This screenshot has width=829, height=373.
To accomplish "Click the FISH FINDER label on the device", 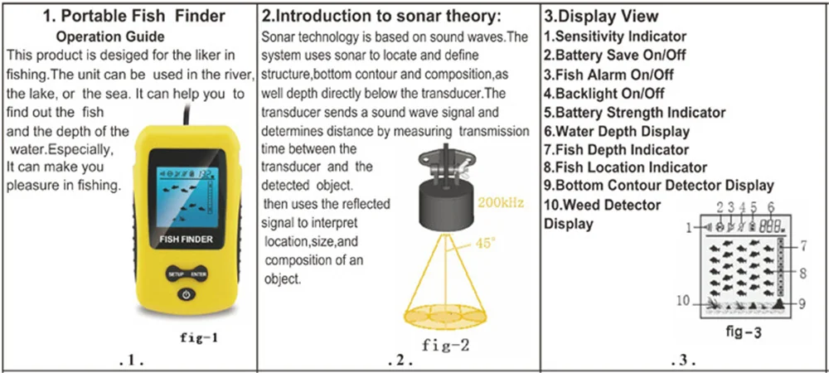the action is pyautogui.click(x=186, y=240).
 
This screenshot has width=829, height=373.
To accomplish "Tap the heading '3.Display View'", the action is pyautogui.click(x=600, y=16).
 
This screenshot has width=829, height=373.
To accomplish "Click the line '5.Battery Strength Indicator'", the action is pyautogui.click(x=634, y=112).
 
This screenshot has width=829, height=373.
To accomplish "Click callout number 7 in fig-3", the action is pyautogui.click(x=804, y=245).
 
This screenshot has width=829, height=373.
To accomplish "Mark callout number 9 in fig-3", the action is pyautogui.click(x=803, y=303).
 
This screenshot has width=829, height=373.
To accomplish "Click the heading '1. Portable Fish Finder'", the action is pyautogui.click(x=128, y=16).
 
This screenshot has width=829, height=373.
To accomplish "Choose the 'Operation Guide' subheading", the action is pyautogui.click(x=109, y=36).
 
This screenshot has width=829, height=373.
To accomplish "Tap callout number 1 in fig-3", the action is pyautogui.click(x=689, y=227).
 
